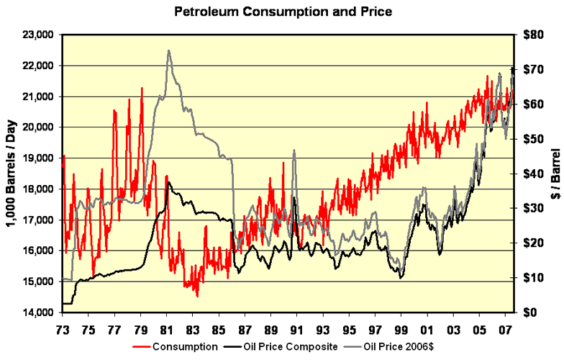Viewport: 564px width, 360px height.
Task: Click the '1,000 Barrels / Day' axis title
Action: pyautogui.click(x=12, y=174)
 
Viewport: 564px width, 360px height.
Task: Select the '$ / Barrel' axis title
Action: pyautogui.click(x=554, y=174)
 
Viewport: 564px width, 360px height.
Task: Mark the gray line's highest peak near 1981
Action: pyautogui.click(x=168, y=50)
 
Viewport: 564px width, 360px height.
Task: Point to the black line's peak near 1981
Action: pyautogui.click(x=168, y=182)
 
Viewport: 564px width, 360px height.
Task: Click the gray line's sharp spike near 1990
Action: pyautogui.click(x=294, y=150)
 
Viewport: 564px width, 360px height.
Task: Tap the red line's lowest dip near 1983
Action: pyautogui.click(x=197, y=296)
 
